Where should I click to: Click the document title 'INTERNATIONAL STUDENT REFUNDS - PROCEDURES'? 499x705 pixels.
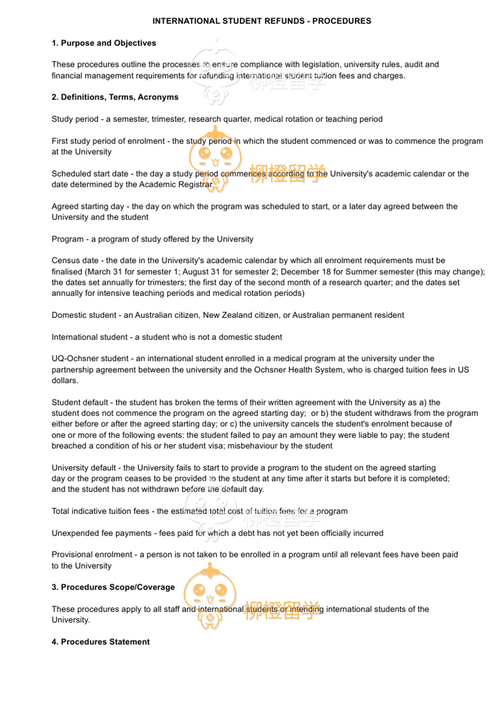click(x=262, y=21)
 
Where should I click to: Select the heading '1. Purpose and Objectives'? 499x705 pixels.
click(x=104, y=43)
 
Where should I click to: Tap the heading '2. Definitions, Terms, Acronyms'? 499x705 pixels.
click(x=115, y=97)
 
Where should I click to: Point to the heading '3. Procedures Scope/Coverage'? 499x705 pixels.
click(x=113, y=587)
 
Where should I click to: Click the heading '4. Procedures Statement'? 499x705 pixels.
click(x=101, y=642)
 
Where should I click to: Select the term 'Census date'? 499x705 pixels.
click(x=75, y=261)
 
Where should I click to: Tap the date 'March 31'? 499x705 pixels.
click(x=105, y=272)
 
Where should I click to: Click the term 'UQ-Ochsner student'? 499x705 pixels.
click(x=90, y=359)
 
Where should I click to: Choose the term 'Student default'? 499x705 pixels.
click(x=80, y=402)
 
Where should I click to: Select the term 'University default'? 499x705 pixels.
click(x=84, y=468)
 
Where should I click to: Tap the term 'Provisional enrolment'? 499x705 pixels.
click(x=92, y=555)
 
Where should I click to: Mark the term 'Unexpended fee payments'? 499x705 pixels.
click(x=102, y=533)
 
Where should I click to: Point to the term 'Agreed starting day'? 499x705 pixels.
click(x=88, y=206)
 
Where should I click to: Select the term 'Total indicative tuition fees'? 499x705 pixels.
click(x=100, y=511)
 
